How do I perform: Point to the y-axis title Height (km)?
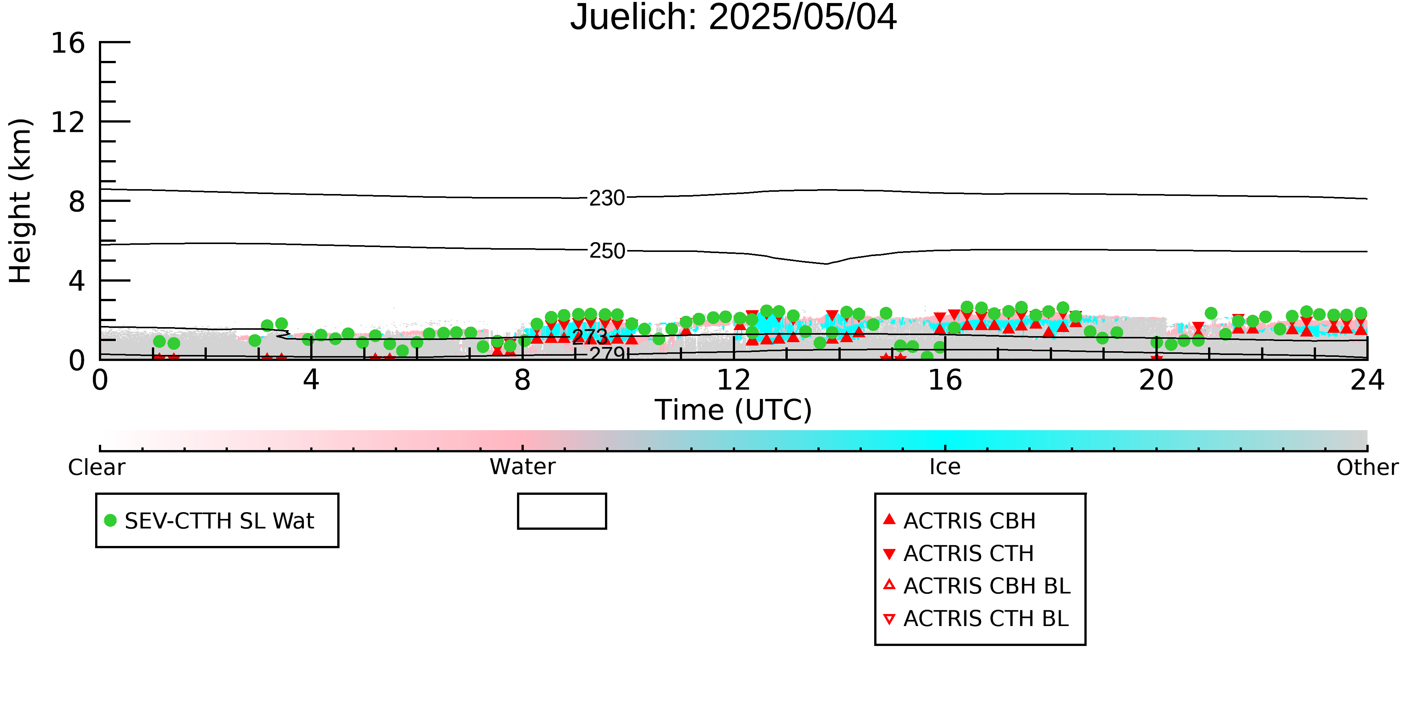tap(20, 201)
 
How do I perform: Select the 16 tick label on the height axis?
tap(68, 43)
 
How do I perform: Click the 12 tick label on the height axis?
tap(68, 122)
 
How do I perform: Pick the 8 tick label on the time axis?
tap(522, 380)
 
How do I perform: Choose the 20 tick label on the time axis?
tap(1156, 380)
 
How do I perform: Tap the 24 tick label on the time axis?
tap(1367, 380)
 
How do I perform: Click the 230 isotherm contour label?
tap(607, 198)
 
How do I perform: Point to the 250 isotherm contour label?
tap(607, 251)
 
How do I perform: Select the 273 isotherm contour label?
tap(590, 336)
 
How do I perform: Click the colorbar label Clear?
tap(96, 467)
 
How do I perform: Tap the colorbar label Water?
tap(523, 467)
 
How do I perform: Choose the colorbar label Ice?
tap(945, 467)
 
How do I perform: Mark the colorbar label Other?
tap(1367, 467)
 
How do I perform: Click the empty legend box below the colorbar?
tap(562, 511)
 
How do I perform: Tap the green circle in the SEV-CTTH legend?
tap(111, 520)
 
